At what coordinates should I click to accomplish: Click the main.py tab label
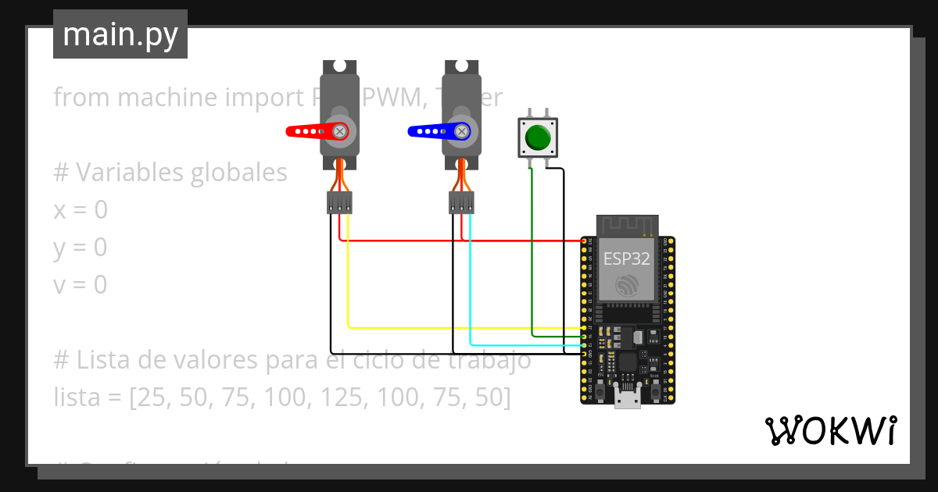[120, 35]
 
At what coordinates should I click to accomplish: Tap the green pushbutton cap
[538, 137]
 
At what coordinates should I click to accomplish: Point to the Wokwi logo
[829, 430]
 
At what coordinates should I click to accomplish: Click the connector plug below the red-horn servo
[338, 203]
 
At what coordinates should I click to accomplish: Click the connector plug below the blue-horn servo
[461, 203]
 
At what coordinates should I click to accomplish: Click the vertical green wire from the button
[532, 250]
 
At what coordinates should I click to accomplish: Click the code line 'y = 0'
[80, 248]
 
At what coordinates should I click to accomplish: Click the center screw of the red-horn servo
[339, 131]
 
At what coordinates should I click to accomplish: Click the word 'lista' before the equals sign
[76, 398]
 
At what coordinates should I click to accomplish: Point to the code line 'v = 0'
[80, 285]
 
